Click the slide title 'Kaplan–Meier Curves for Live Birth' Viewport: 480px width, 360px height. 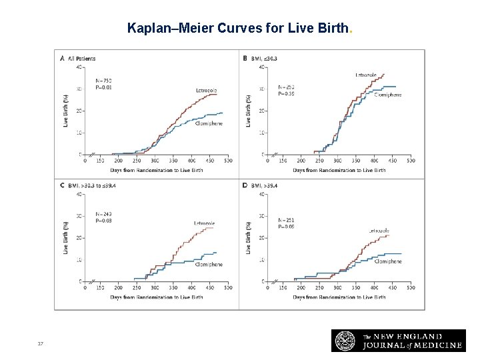[x=239, y=29]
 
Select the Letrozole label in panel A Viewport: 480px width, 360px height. [x=206, y=90]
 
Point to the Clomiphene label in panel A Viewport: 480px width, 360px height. [x=209, y=123]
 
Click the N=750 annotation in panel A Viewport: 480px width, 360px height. [x=103, y=80]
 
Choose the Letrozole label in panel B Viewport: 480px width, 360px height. [x=366, y=75]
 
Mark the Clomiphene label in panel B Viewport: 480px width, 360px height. [x=387, y=95]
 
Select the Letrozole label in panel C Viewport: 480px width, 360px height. [x=204, y=223]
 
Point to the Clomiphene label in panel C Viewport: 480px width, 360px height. [x=209, y=265]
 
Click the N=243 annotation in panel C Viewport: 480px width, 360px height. [x=103, y=213]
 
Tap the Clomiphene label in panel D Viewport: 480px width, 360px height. [x=387, y=262]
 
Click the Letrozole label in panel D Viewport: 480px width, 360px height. [x=379, y=231]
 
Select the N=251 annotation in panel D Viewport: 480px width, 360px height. [x=285, y=220]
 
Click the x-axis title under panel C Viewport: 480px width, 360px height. [x=156, y=297]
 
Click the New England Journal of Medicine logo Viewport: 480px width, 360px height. [x=397, y=340]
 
